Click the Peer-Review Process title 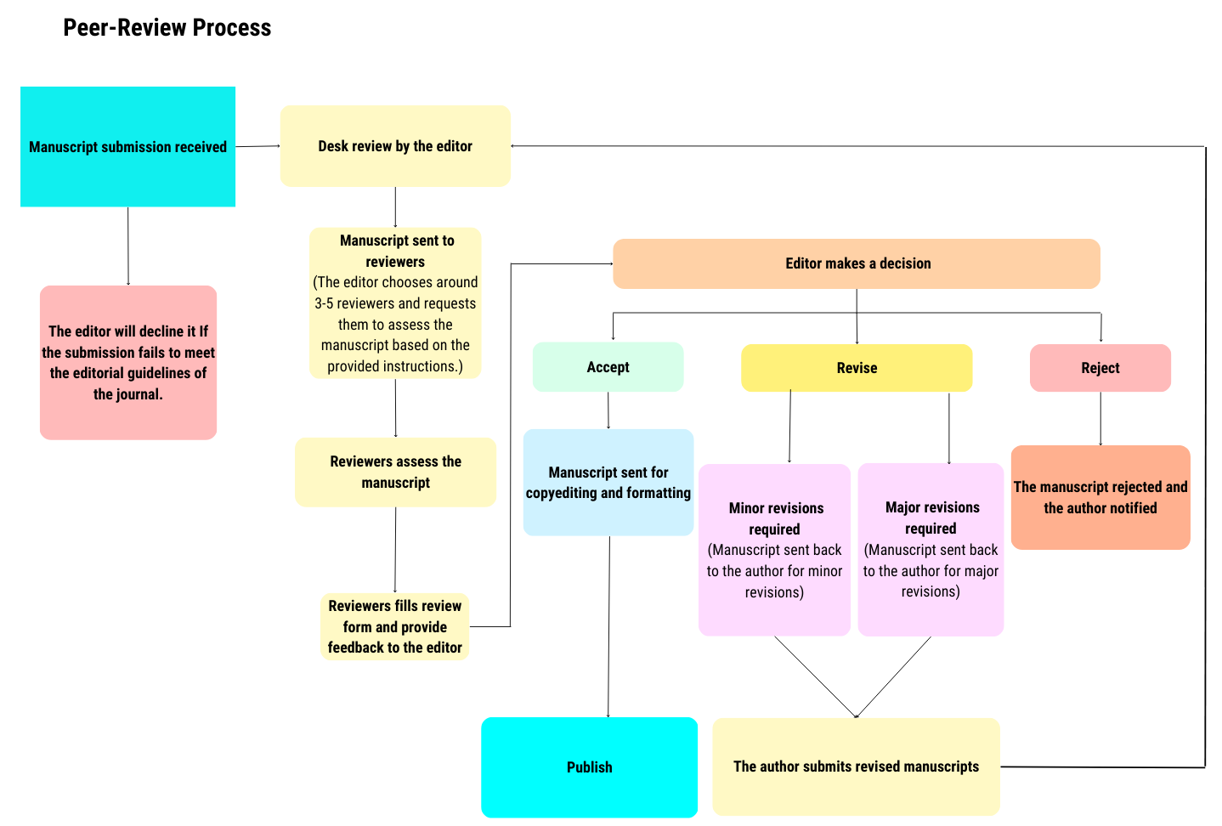coord(167,28)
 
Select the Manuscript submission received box coord(127,147)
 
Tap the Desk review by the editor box coord(395,146)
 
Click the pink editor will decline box coord(128,363)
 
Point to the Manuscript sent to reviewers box coord(395,303)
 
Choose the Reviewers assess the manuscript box coord(395,472)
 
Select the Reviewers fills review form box coord(395,626)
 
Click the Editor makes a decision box coord(857,263)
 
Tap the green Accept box coord(608,367)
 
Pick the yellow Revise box coord(857,368)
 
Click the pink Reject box coord(1100,368)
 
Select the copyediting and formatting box coord(608,483)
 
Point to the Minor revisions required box coord(774,550)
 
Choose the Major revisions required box coord(931,550)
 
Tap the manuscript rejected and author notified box coord(1100,497)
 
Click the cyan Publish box coord(589,767)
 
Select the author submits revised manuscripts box coord(856,767)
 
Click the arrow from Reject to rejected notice coord(1100,418)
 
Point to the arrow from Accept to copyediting coord(608,410)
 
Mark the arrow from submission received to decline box coord(128,246)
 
